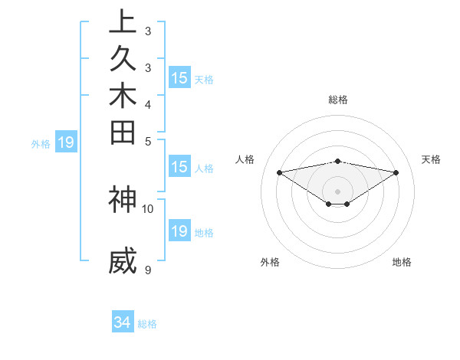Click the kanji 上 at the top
[123, 22]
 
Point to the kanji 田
[123, 132]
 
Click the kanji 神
[123, 198]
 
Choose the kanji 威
[123, 261]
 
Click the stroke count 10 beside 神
[148, 208]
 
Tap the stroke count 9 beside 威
[148, 270]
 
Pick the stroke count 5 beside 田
[148, 141]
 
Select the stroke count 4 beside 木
[148, 104]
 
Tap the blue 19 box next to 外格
[66, 142]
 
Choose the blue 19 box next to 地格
[179, 231]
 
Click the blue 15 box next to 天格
[179, 78]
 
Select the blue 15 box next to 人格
[179, 168]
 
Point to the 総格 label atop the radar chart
[338, 100]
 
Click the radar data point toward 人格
[280, 172]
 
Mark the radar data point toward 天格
[396, 172]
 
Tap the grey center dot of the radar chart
[338, 191]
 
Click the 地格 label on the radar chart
[402, 263]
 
